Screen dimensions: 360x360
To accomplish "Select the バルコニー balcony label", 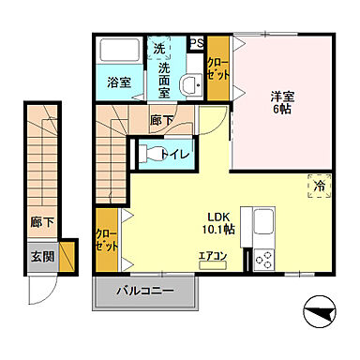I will (x=145, y=292).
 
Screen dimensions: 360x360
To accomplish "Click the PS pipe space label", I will (x=197, y=43).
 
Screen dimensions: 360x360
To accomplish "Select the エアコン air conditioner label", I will (x=214, y=254).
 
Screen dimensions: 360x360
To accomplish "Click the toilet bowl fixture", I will (x=148, y=153).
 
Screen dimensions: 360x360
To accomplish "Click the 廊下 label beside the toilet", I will (x=161, y=120).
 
